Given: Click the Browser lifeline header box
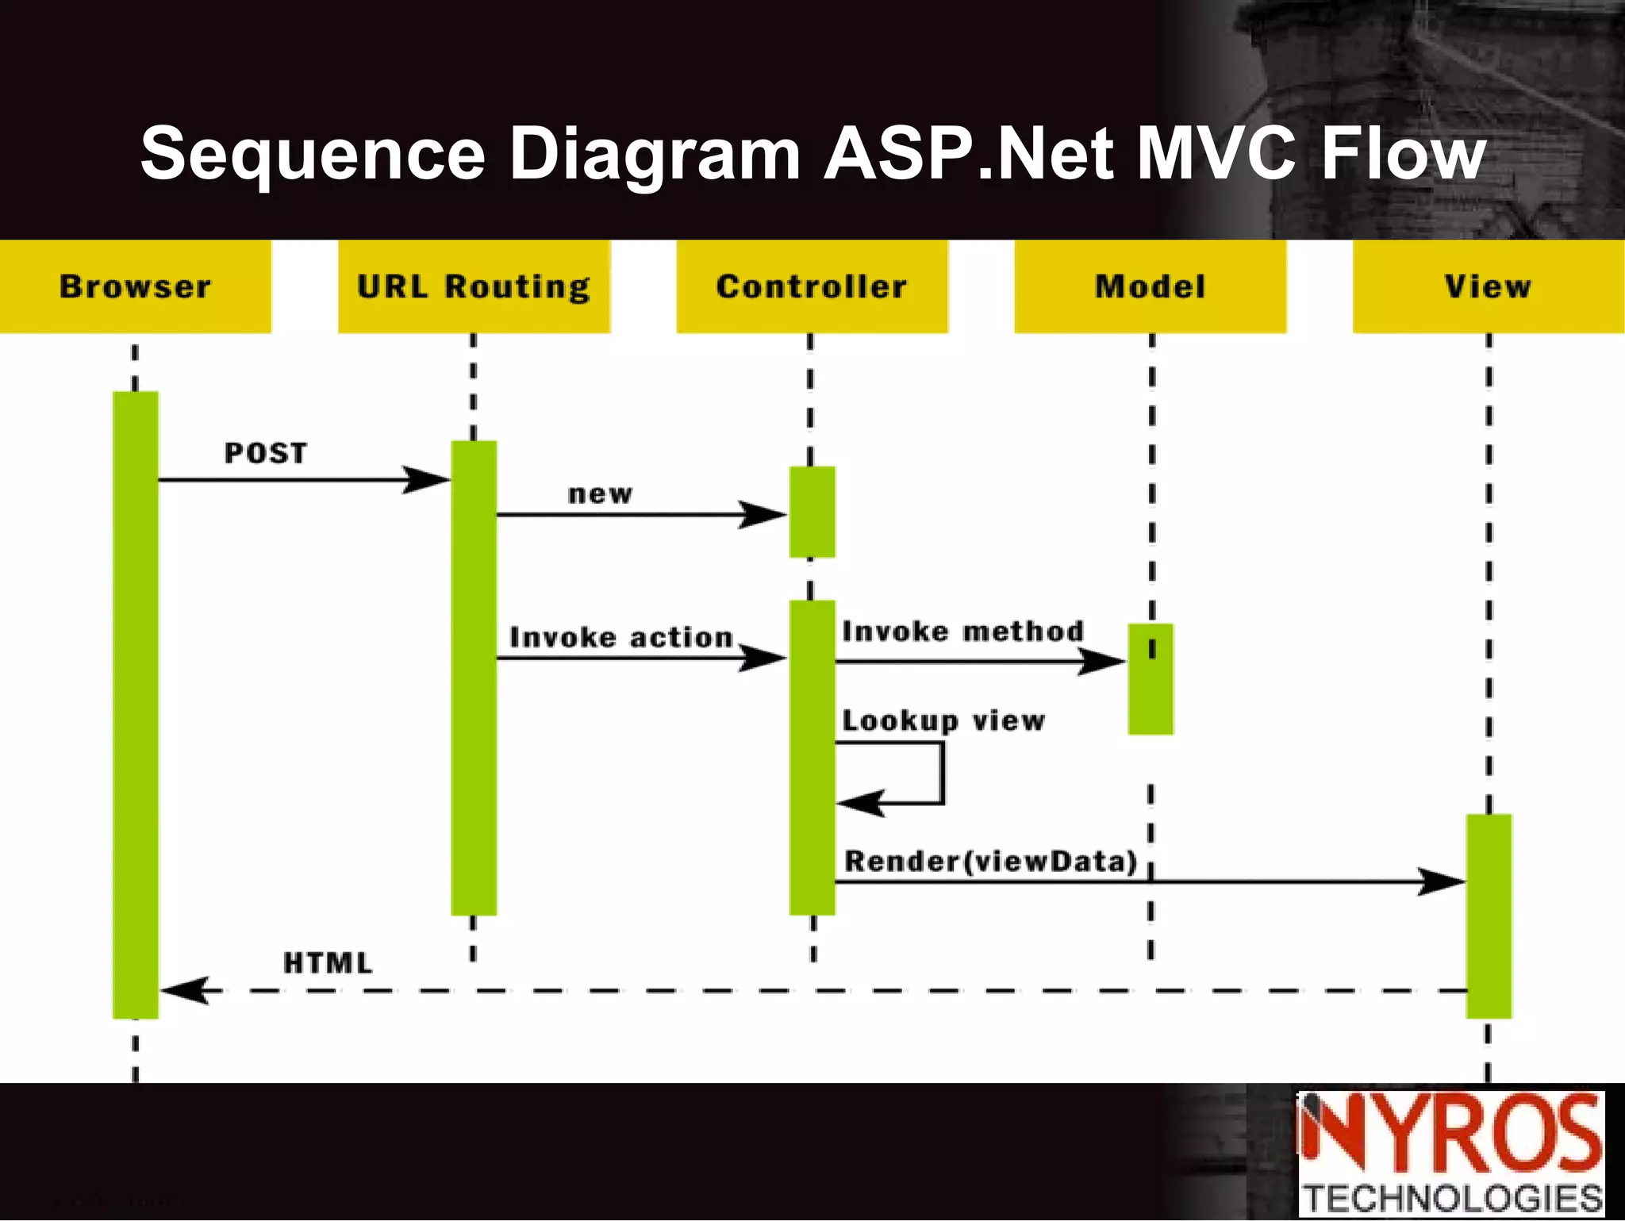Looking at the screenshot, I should [x=135, y=286].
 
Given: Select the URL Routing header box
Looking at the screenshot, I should [x=474, y=286].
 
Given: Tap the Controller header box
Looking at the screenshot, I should [x=812, y=286].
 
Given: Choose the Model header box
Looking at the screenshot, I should [x=1150, y=286].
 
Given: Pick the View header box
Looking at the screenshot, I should [x=1488, y=286].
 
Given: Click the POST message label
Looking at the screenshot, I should [x=266, y=453].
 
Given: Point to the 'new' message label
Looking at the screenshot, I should [x=601, y=494].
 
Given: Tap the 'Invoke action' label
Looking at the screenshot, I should [x=621, y=637].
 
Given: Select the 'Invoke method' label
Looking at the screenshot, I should [x=963, y=632].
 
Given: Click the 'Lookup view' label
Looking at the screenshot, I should [x=943, y=720].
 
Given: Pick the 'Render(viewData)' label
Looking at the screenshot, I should [x=991, y=861].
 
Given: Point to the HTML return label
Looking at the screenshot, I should [x=328, y=963].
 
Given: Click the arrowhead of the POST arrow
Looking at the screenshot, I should [x=428, y=480].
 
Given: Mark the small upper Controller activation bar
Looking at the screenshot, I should [x=812, y=512].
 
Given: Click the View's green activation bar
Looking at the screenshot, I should [x=1489, y=916].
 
